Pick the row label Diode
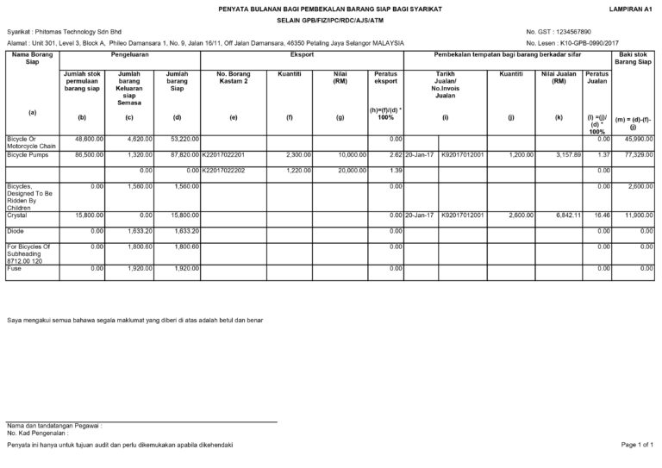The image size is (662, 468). (16, 231)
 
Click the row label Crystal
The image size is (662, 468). (17, 215)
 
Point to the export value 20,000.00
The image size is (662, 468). (341, 170)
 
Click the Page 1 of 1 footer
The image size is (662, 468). (637, 444)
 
